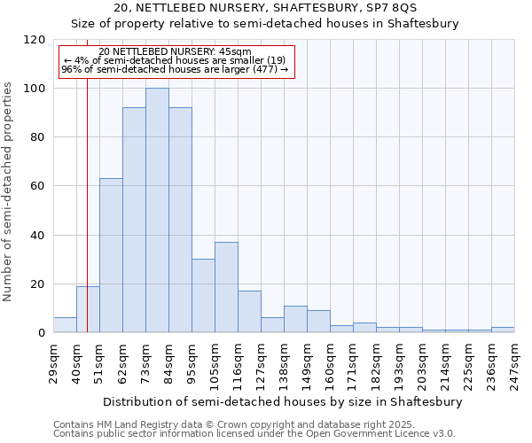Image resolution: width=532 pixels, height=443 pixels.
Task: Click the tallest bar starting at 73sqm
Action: pos(157,211)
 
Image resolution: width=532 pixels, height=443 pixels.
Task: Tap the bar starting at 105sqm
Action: pos(226,287)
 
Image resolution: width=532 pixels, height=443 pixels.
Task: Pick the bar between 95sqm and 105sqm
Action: pos(203,296)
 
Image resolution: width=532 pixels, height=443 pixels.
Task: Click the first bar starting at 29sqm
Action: pos(65,325)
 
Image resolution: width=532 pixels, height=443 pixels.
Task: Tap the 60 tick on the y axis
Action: pos(37,186)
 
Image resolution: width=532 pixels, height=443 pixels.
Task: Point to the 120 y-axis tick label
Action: pos(34,40)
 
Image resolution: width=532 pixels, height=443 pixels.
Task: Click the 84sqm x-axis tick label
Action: pos(169,361)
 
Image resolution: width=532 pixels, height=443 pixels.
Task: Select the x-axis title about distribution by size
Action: pos(283,401)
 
